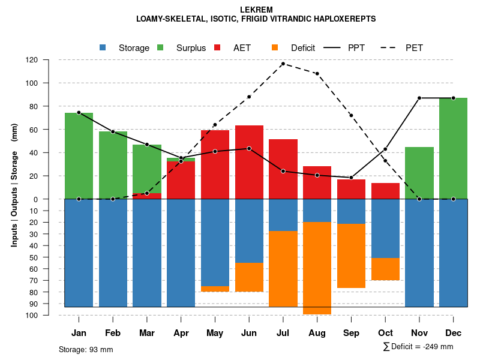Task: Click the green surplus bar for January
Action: click(x=79, y=156)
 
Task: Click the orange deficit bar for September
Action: click(x=352, y=256)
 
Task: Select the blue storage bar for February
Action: click(x=113, y=253)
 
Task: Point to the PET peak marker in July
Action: click(x=283, y=64)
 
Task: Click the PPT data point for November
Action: click(x=419, y=98)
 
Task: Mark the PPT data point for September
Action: click(x=352, y=178)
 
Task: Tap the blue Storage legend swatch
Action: click(x=103, y=48)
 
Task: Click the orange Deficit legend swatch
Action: click(x=275, y=48)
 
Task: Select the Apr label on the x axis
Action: click(x=181, y=333)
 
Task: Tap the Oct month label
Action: click(x=385, y=333)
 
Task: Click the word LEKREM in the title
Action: click(x=256, y=10)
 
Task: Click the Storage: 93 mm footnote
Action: click(x=86, y=349)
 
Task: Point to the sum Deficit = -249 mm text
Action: click(x=418, y=347)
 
